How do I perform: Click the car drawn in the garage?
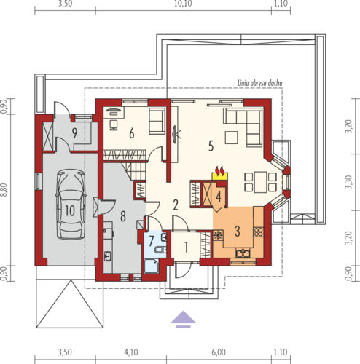(71, 205)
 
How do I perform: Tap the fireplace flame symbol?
(220, 171)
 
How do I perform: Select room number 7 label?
(152, 241)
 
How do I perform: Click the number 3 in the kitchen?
(238, 231)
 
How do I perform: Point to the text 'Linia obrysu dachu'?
(259, 83)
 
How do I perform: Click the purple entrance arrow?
(183, 320)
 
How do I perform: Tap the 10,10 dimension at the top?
(183, 4)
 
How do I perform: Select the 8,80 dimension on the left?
(4, 190)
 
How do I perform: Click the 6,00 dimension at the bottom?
(219, 352)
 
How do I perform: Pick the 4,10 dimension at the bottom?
(131, 352)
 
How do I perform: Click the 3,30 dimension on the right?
(348, 182)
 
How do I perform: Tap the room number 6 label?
(132, 133)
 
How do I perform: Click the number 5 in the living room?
(211, 146)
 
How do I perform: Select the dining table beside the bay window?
(260, 182)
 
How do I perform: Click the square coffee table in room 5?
(231, 138)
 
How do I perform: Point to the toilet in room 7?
(160, 249)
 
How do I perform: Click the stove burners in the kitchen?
(258, 232)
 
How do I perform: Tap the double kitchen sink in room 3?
(243, 253)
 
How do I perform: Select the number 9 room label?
(74, 133)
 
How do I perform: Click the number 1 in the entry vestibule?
(186, 248)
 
